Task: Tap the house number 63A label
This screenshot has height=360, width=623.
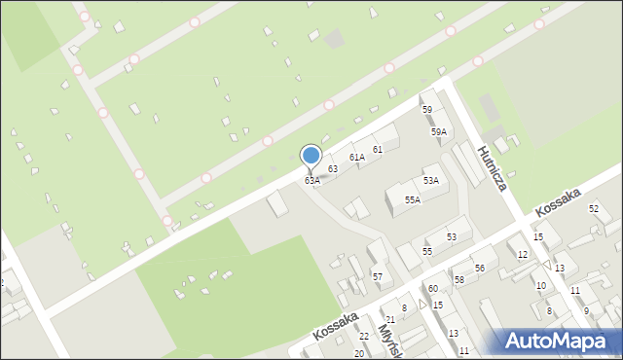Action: pyautogui.click(x=311, y=181)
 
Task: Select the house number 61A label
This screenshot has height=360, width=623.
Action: pyautogui.click(x=357, y=157)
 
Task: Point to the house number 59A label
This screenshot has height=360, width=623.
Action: pyautogui.click(x=439, y=131)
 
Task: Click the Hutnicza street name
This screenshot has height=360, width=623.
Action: pyautogui.click(x=493, y=167)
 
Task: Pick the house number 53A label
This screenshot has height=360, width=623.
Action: pyautogui.click(x=430, y=181)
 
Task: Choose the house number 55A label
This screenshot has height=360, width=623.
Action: pyautogui.click(x=413, y=200)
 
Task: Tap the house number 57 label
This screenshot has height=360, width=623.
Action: pyautogui.click(x=377, y=277)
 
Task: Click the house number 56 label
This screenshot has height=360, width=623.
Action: pyautogui.click(x=479, y=268)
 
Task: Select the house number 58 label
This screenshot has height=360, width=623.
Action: pyautogui.click(x=458, y=280)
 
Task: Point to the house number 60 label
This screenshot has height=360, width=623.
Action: pyautogui.click(x=433, y=289)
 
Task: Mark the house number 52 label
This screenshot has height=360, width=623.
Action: pyautogui.click(x=594, y=209)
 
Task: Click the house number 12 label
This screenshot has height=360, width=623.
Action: pyautogui.click(x=523, y=255)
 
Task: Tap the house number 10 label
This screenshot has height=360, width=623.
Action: pyautogui.click(x=540, y=286)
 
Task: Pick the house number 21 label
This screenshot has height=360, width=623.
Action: pyautogui.click(x=390, y=320)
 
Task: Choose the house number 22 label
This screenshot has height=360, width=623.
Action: pyautogui.click(x=364, y=337)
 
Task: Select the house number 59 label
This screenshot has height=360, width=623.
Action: pyautogui.click(x=426, y=110)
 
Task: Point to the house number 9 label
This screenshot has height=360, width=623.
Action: pyautogui.click(x=586, y=311)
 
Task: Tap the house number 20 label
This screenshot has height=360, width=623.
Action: pyautogui.click(x=358, y=353)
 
